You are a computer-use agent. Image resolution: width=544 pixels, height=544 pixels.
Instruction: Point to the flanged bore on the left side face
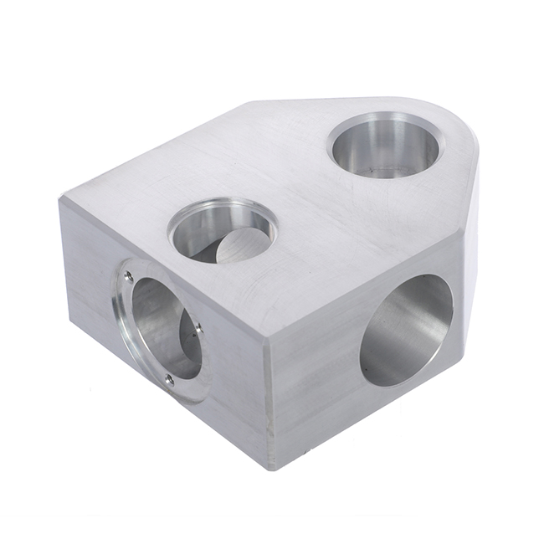point(163,331)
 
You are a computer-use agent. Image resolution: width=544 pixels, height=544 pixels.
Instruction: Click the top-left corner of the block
point(60,200)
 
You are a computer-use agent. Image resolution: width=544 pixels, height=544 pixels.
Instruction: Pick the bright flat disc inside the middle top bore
point(239,248)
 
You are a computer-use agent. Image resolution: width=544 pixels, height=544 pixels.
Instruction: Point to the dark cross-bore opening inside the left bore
point(188,335)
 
